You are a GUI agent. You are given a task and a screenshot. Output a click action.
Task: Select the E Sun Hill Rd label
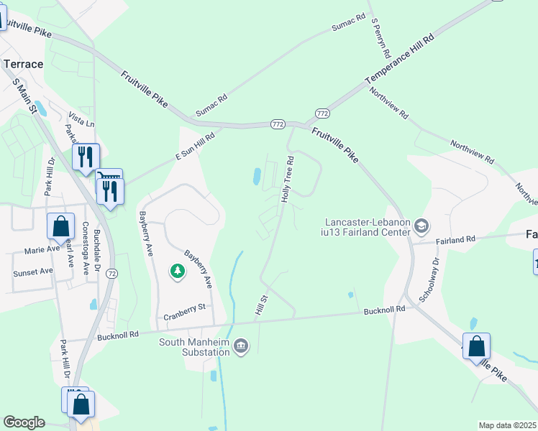tap(196, 146)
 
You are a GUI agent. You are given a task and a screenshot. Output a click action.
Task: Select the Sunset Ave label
tap(33, 272)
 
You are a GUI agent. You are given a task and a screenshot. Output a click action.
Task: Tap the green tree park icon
tap(177, 271)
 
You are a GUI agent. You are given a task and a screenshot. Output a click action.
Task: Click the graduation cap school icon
tap(421, 227)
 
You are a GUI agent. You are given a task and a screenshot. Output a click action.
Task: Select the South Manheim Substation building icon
tap(241, 347)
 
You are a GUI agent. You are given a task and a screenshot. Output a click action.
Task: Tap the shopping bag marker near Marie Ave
tap(61, 226)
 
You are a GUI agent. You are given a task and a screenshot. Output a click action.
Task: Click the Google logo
tap(24, 422)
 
